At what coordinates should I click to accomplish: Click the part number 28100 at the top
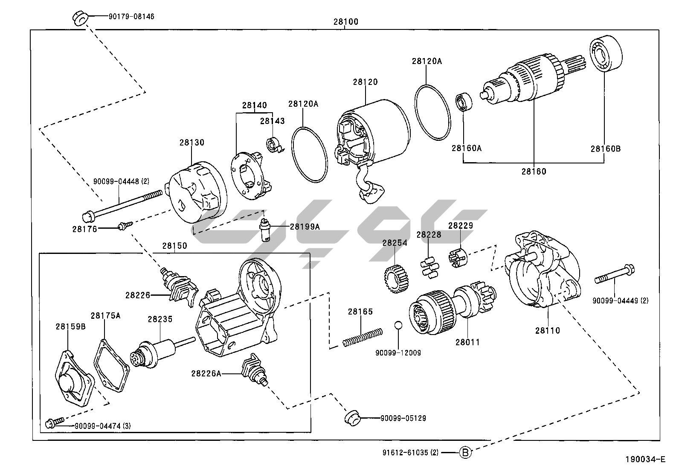coord(345,22)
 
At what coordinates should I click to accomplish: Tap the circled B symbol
coord(466,452)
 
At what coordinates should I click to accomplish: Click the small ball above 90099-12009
coord(398,325)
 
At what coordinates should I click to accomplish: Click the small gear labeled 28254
coord(397,280)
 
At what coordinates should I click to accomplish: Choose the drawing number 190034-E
coord(645,460)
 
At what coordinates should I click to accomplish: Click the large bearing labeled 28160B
coord(606,54)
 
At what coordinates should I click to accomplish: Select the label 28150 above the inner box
coord(174,246)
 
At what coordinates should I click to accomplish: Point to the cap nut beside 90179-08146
coord(80,18)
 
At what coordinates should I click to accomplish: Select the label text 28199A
coord(305,227)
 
